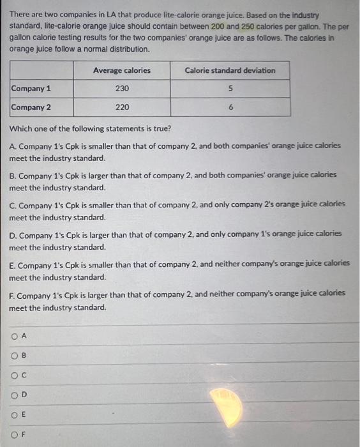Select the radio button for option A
tap(13, 336)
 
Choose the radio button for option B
tap(13, 356)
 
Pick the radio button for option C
tap(13, 375)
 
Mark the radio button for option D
tap(13, 395)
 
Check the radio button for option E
tap(13, 415)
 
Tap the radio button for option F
tap(13, 437)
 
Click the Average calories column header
tap(122, 70)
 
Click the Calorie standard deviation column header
tap(230, 70)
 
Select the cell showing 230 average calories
tap(122, 89)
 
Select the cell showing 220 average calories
tap(122, 107)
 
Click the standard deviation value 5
tap(230, 89)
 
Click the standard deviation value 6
tap(230, 107)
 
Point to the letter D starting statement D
tap(13, 234)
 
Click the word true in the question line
tap(157, 128)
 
